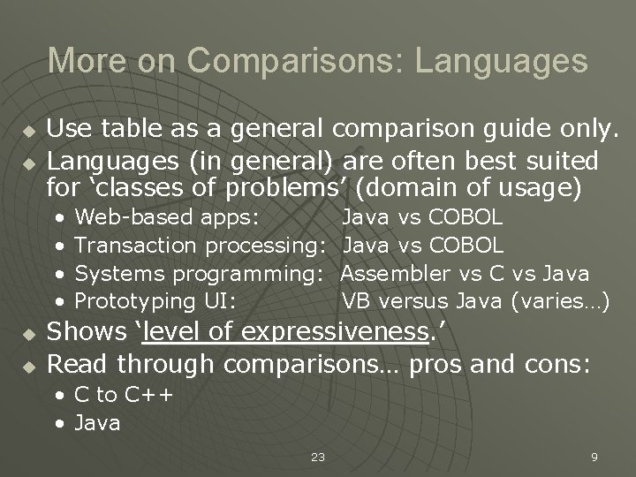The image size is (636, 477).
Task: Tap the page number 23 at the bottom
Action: click(318, 457)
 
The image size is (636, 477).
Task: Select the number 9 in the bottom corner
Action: click(594, 457)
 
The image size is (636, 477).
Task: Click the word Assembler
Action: click(396, 273)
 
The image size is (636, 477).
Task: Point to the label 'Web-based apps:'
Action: click(167, 216)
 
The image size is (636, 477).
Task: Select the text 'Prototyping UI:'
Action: click(155, 301)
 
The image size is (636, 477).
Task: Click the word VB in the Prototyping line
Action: click(355, 301)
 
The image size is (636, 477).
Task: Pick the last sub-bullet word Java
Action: click(97, 423)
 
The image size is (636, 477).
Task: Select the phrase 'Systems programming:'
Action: click(196, 273)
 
